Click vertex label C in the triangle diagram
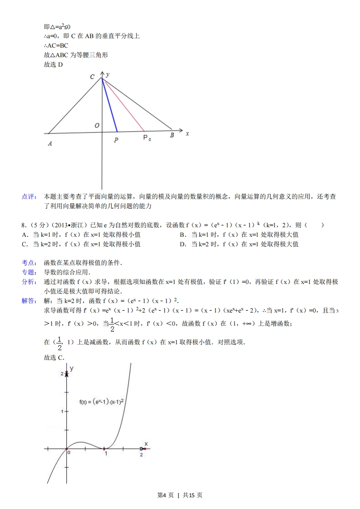(92, 77)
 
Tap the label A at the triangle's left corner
(49, 144)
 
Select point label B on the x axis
(172, 135)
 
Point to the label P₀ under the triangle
(147, 138)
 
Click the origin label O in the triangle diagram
(97, 126)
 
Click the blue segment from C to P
(109, 105)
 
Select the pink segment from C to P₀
(123, 104)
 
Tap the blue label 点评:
(29, 196)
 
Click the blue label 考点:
(29, 263)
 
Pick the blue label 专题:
(29, 272)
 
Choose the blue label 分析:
(29, 282)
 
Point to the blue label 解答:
(29, 301)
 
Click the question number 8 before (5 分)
(23, 225)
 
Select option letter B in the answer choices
(182, 235)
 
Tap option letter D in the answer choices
(182, 244)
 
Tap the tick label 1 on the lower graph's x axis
(106, 453)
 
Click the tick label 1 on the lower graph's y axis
(62, 411)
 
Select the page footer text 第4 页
(165, 495)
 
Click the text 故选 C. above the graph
(54, 357)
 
